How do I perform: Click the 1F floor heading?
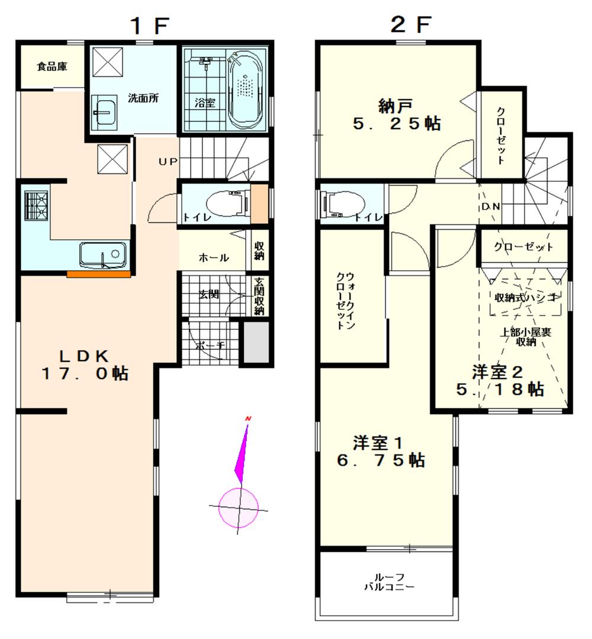(x=150, y=25)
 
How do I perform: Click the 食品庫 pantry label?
(x=52, y=66)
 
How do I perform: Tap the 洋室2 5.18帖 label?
(x=500, y=380)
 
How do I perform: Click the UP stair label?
(x=166, y=161)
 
